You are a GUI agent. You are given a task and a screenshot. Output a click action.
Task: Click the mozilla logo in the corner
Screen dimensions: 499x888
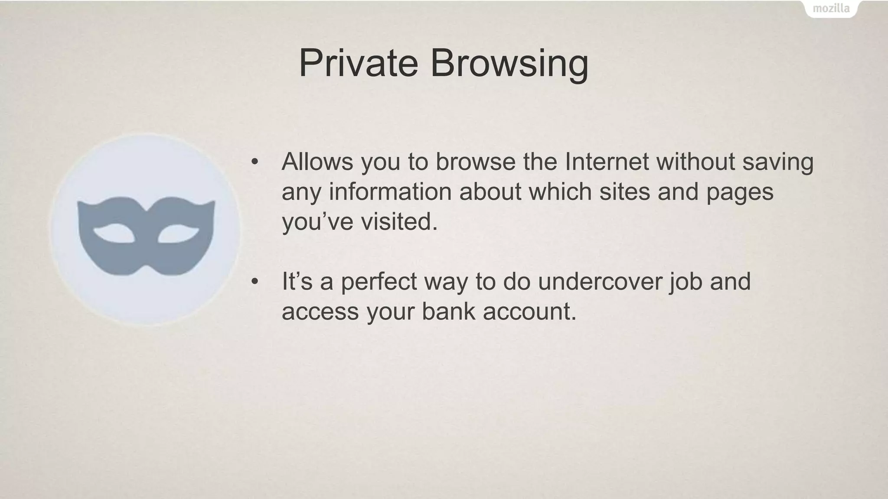(x=831, y=8)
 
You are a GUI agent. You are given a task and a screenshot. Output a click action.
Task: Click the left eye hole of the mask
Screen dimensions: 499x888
(x=114, y=233)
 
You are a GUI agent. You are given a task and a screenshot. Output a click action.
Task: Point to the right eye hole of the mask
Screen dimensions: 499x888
(x=178, y=233)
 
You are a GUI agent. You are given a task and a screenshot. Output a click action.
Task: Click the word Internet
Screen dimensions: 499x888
(x=606, y=162)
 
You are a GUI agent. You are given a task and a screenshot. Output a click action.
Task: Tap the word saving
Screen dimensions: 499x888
(x=778, y=162)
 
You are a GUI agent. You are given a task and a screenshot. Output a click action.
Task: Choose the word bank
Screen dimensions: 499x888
(x=448, y=311)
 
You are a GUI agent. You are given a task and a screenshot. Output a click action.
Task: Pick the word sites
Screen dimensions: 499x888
(x=624, y=191)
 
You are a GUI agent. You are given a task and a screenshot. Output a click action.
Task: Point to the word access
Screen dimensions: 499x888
(x=320, y=311)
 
